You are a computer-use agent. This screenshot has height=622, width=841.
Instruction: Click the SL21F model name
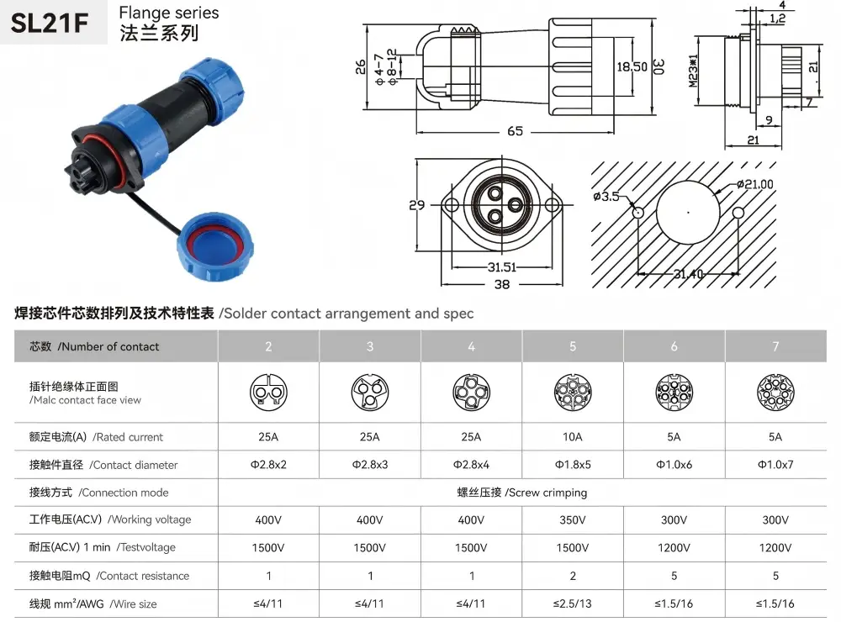coord(50,23)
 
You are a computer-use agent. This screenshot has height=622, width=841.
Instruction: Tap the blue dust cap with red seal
coord(215,246)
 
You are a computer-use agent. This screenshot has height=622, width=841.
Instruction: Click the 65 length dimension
coord(515,131)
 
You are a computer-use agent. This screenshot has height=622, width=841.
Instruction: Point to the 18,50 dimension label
coord(632,67)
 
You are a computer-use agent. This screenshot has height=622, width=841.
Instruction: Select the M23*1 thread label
coord(694,71)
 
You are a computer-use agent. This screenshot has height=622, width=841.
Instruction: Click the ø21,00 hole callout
coord(755,184)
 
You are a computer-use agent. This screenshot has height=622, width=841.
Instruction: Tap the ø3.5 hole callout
coord(606,197)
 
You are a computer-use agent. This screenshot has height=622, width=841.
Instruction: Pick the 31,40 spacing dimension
coord(688,274)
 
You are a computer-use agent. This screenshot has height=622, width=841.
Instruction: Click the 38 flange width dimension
coord(502,284)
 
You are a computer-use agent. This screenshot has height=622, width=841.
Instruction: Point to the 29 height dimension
coord(417,205)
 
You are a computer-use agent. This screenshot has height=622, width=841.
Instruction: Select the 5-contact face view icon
coord(572,393)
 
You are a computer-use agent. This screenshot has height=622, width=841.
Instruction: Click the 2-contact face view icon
coord(268,393)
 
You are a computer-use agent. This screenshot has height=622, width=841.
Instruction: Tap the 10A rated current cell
coord(572,437)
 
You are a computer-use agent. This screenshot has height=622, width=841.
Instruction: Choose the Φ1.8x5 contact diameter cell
coord(572,465)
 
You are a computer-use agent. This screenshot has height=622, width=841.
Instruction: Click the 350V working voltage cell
coord(572,520)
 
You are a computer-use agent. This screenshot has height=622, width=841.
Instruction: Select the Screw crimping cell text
coord(522,493)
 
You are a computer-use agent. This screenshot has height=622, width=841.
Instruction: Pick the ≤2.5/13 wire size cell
coord(572,604)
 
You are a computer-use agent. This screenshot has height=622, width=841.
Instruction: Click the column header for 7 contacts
coord(775,347)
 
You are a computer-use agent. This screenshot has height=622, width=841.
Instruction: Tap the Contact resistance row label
coord(108,576)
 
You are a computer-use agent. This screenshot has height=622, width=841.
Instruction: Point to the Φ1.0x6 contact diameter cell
coord(674,465)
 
